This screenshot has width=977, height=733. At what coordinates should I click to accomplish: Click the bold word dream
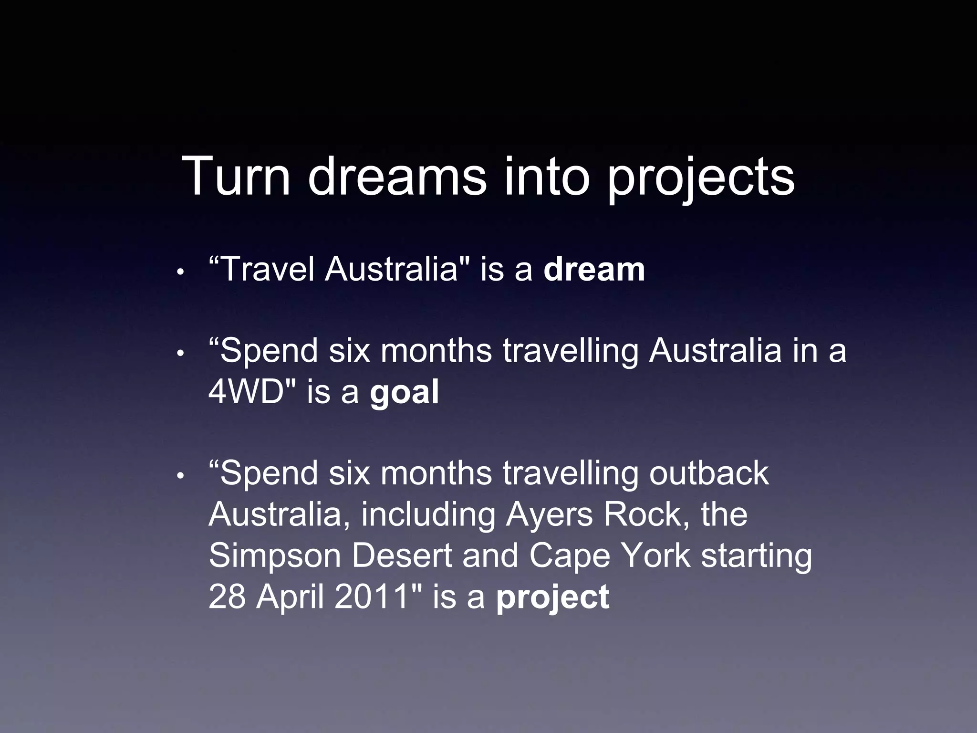594,270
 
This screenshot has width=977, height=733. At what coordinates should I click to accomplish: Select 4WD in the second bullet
246,392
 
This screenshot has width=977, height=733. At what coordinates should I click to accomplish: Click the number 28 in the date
227,597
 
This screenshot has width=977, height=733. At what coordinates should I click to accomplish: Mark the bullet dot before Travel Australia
180,272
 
